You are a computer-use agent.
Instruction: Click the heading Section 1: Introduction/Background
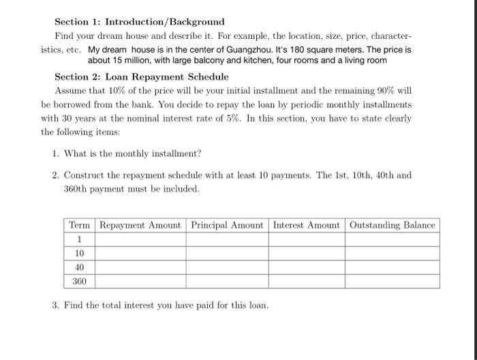point(139,22)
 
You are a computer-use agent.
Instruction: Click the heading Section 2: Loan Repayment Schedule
point(142,77)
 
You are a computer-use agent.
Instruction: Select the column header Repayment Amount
point(140,225)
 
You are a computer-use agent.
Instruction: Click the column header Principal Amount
point(227,225)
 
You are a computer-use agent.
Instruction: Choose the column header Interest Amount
point(306,225)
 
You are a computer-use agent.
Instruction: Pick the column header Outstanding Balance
point(392,225)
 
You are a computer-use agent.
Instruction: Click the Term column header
point(80,225)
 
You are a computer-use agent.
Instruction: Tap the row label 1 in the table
point(80,239)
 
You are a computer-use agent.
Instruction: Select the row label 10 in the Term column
point(80,254)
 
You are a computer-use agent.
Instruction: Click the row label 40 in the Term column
point(80,267)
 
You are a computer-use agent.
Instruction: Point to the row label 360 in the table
point(80,281)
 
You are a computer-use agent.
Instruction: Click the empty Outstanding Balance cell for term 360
point(392,281)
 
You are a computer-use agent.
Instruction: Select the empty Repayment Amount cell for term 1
point(140,239)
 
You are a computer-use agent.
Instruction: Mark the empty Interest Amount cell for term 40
point(306,267)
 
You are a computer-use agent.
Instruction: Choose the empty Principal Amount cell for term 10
point(227,254)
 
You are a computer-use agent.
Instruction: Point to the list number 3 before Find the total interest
point(55,305)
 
